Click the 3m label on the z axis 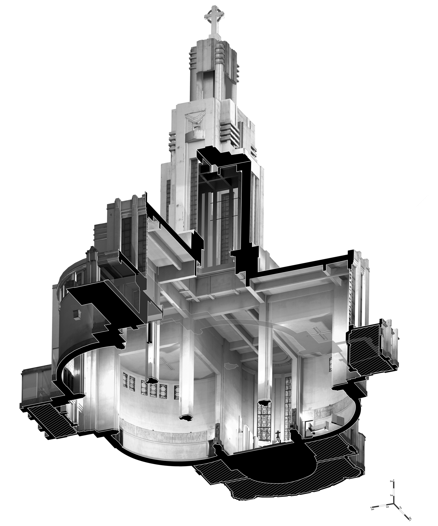391,481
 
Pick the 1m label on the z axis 391,495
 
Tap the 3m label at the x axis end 373,510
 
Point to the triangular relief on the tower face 195,117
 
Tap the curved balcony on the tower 195,135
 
